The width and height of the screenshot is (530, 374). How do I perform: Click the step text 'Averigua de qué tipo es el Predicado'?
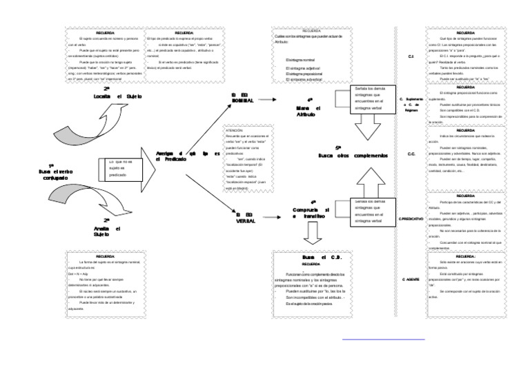[x=182, y=156]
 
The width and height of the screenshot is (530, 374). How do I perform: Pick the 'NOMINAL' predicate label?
[x=243, y=99]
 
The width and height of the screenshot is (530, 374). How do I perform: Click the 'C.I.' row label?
[x=411, y=57]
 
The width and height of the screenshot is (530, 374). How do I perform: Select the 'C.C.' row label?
[x=411, y=154]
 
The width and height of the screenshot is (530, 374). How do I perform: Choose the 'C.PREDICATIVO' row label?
[x=411, y=218]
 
